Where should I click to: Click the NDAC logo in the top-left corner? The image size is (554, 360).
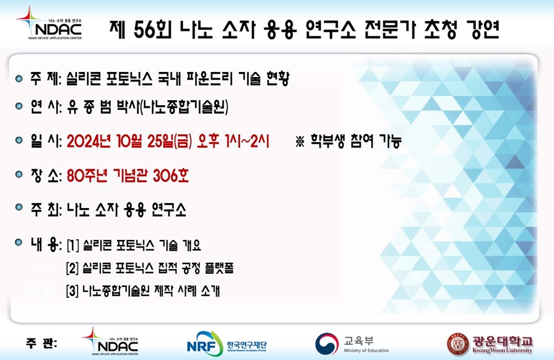click(49, 23)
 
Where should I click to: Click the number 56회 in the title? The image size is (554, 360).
click(153, 30)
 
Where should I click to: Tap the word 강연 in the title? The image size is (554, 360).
click(482, 30)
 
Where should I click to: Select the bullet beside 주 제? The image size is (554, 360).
click(19, 79)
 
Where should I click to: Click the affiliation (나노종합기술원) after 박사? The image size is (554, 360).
click(184, 106)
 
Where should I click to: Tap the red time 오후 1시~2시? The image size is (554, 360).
click(233, 142)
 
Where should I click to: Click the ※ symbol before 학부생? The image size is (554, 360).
click(300, 142)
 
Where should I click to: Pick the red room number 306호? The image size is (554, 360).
click(171, 175)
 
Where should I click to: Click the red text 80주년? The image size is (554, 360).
click(87, 175)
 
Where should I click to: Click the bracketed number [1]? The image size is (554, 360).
click(73, 246)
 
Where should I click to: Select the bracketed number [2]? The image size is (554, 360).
click(73, 268)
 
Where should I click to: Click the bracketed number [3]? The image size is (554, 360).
click(73, 292)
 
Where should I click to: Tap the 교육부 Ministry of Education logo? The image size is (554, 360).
click(352, 343)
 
